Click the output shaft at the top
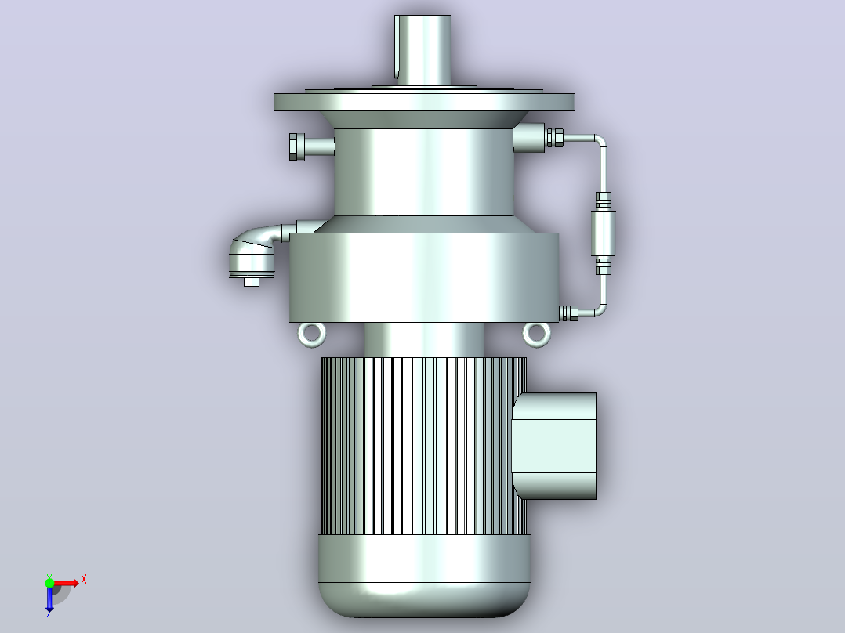(x=422, y=49)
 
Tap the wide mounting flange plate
(x=424, y=102)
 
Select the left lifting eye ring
(x=311, y=335)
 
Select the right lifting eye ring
(x=537, y=335)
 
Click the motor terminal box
(x=554, y=446)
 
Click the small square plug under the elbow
(x=251, y=282)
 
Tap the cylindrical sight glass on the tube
(x=603, y=233)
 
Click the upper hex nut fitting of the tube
(x=555, y=137)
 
